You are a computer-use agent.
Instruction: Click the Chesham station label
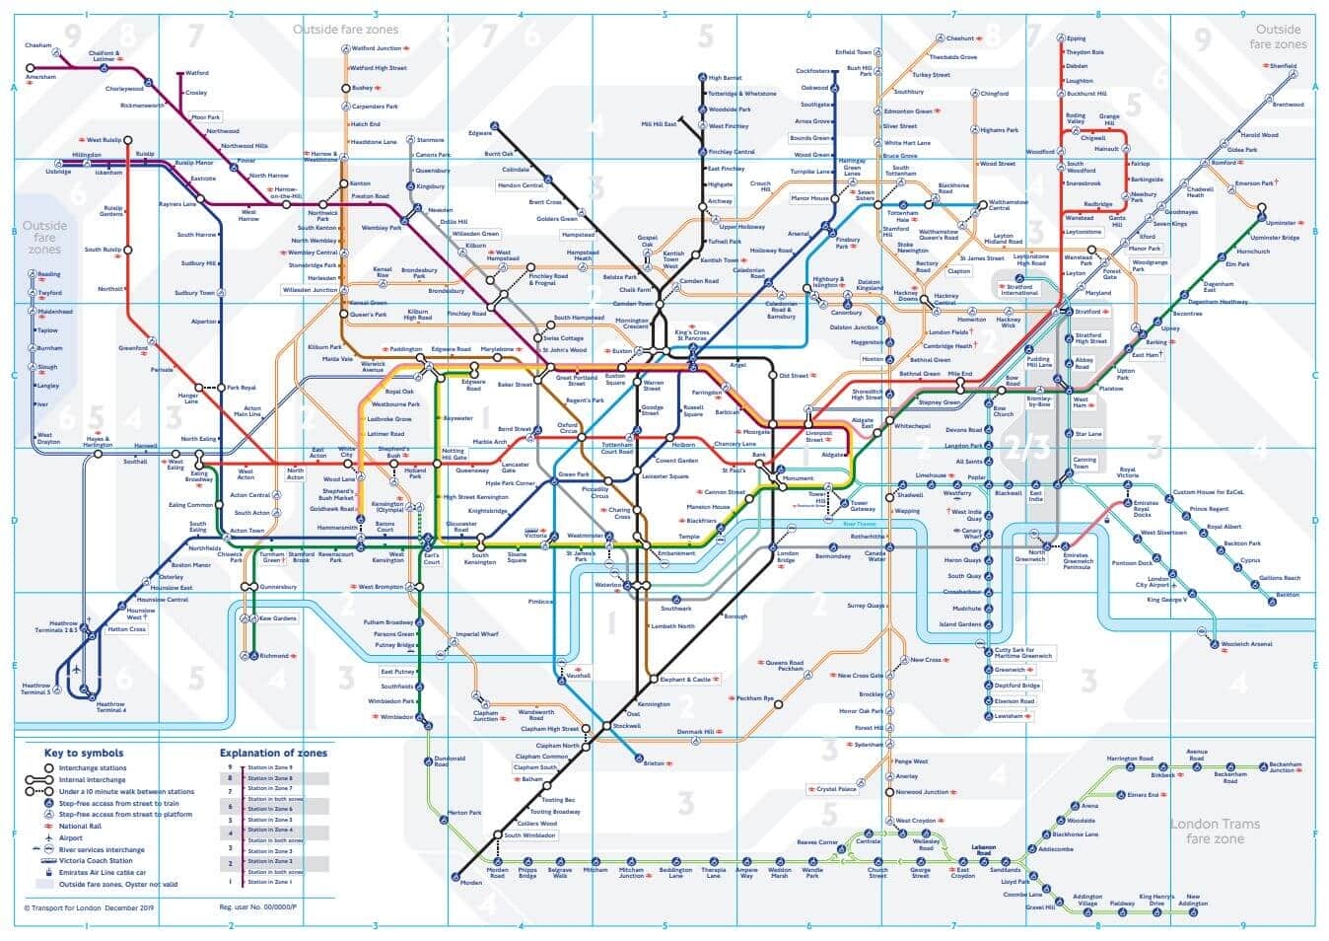pos(38,45)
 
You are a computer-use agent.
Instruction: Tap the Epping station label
pos(1076,38)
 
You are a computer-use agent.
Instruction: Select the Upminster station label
pos(1281,223)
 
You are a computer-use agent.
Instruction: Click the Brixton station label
pos(654,764)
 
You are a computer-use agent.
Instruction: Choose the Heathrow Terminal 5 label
pos(35,688)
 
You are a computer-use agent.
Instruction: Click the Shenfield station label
pos(1283,66)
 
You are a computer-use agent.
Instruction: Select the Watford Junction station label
pos(377,47)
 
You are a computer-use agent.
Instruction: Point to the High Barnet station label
pos(726,78)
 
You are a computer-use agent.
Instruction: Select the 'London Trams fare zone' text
pos(1215,831)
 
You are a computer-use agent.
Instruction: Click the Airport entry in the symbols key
pos(71,838)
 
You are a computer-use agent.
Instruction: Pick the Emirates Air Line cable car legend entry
pos(102,873)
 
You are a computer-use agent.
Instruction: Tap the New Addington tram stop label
pos(1192,901)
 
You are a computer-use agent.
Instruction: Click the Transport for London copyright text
pos(89,907)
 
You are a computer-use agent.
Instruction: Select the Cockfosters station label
pos(812,71)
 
